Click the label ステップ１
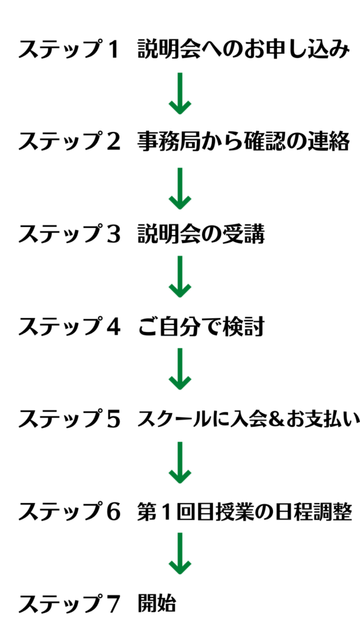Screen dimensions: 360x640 69,50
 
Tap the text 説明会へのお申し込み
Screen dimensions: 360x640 244,50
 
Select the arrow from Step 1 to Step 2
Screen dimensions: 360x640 179,94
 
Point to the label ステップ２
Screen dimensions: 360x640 69,142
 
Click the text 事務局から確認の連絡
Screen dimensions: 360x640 244,142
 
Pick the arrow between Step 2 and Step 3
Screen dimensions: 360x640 179,189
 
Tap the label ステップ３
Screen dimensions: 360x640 69,234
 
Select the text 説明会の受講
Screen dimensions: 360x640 201,234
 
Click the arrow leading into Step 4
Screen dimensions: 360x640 179,277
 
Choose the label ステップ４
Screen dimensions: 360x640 69,326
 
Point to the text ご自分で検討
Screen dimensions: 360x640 201,326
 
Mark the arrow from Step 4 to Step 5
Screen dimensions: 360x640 179,369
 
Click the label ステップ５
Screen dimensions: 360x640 69,419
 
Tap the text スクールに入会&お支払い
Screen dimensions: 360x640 249,419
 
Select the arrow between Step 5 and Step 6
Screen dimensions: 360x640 179,462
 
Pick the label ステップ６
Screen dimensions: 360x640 69,512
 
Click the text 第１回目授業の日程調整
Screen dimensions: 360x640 244,512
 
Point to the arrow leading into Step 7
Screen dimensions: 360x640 179,554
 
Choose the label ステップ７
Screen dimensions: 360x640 69,604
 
